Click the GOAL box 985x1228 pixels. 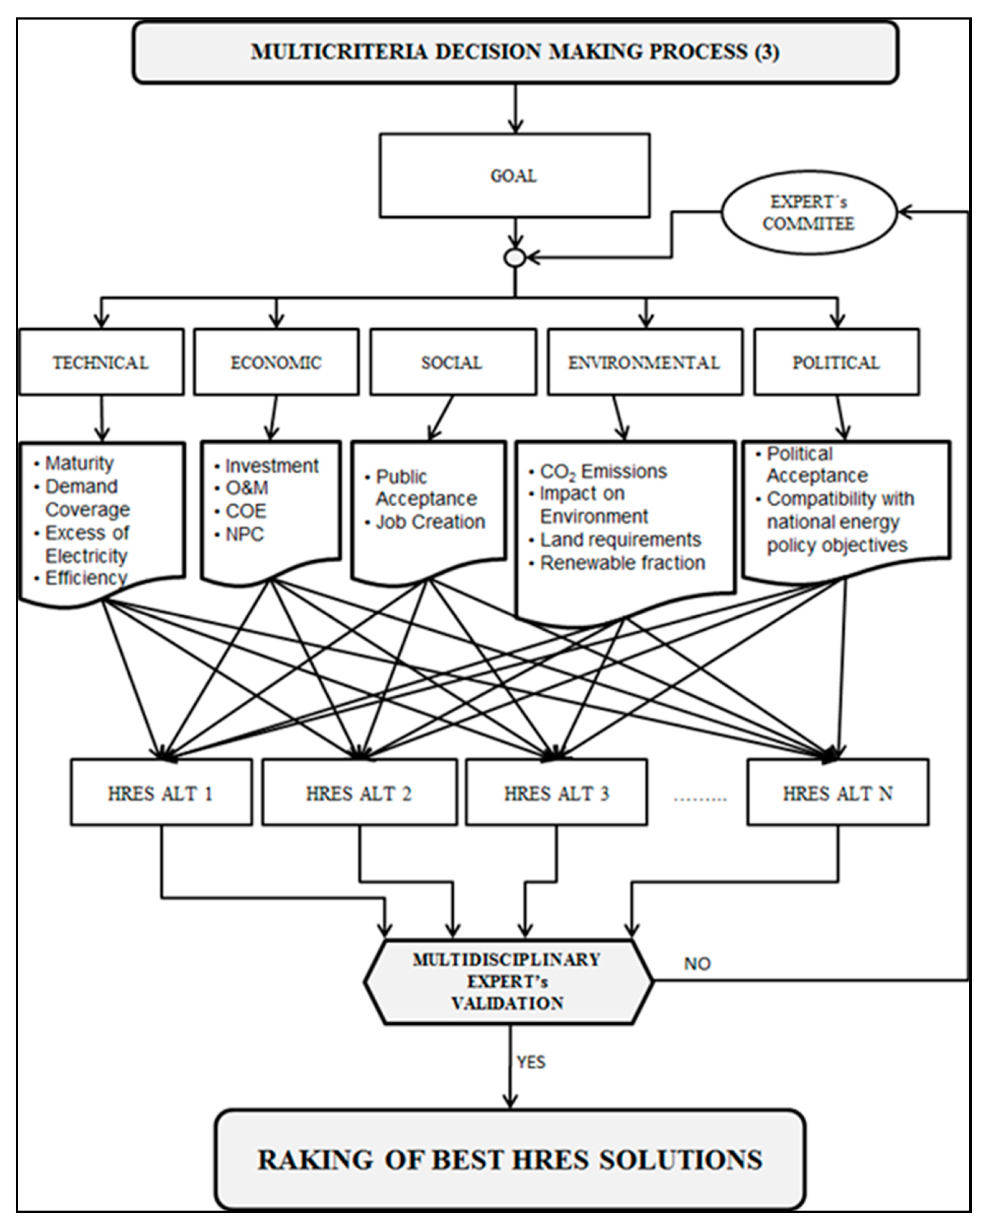click(514, 176)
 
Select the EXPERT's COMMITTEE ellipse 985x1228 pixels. click(808, 212)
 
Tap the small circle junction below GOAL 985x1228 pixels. click(514, 258)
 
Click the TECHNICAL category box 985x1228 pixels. click(102, 362)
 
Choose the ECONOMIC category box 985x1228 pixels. click(276, 362)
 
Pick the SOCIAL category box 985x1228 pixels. click(452, 362)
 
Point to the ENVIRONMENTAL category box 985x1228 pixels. click(644, 362)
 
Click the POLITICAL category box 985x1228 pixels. click(836, 362)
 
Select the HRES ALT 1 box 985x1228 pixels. click(161, 793)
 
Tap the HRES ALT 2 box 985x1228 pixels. click(359, 793)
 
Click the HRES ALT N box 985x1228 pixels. click(838, 793)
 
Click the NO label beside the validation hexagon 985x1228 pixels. click(697, 964)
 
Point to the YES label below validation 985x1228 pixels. click(531, 1062)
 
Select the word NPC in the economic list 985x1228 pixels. click(245, 534)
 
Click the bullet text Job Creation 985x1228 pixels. click(430, 522)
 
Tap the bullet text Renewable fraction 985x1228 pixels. click(622, 563)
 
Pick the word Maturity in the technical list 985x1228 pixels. click(79, 463)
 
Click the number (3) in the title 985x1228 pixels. click(767, 52)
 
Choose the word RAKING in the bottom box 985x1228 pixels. click(315, 1160)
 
